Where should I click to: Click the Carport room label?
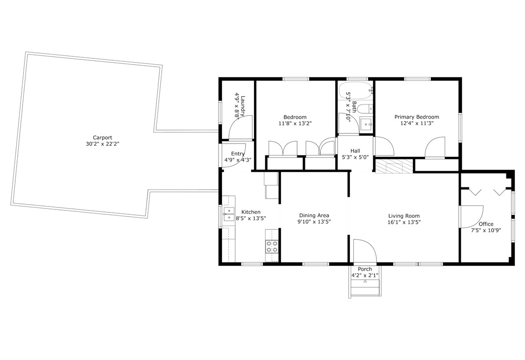(x=102, y=138)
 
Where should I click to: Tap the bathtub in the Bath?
(x=355, y=90)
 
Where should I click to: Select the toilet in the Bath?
(x=365, y=109)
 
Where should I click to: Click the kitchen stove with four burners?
(x=272, y=247)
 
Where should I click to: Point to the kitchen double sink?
(x=229, y=214)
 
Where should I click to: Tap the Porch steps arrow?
(x=365, y=282)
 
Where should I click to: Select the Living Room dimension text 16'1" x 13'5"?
(x=404, y=222)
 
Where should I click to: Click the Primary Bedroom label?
(x=417, y=117)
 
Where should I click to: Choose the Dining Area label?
(x=314, y=216)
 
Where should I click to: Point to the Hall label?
(x=355, y=151)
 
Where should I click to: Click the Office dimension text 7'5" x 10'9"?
(x=486, y=231)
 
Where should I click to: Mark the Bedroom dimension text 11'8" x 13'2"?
(x=295, y=123)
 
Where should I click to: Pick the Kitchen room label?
(x=251, y=212)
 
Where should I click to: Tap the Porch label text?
(x=365, y=269)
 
